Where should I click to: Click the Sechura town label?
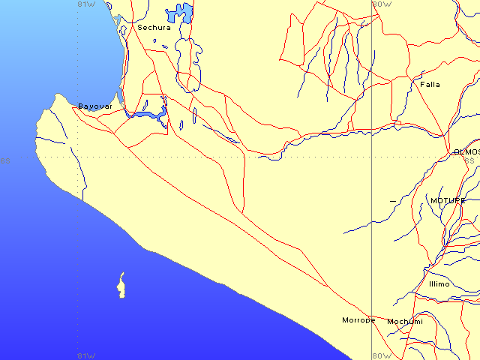pos(154,28)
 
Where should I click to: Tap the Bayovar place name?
pos(95,106)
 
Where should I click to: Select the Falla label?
pos(430,85)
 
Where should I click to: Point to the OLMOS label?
pos(466,152)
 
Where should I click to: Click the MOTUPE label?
pos(447,201)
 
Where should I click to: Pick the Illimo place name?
pos(439,284)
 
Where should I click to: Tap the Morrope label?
pos(358,320)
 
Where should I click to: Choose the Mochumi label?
pos(405,322)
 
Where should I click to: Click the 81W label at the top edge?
pos(86,4)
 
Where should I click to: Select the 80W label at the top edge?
pos(382,4)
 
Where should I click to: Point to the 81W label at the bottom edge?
pos(86,355)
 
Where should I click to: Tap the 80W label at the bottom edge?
pos(382,355)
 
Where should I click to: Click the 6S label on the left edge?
pos(6,160)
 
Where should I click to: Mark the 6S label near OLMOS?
pos(469,160)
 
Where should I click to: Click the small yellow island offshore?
pos(120,286)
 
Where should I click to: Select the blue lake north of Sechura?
pos(181,13)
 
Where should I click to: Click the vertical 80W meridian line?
pos(373,225)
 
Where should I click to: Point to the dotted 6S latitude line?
pos(187,157)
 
